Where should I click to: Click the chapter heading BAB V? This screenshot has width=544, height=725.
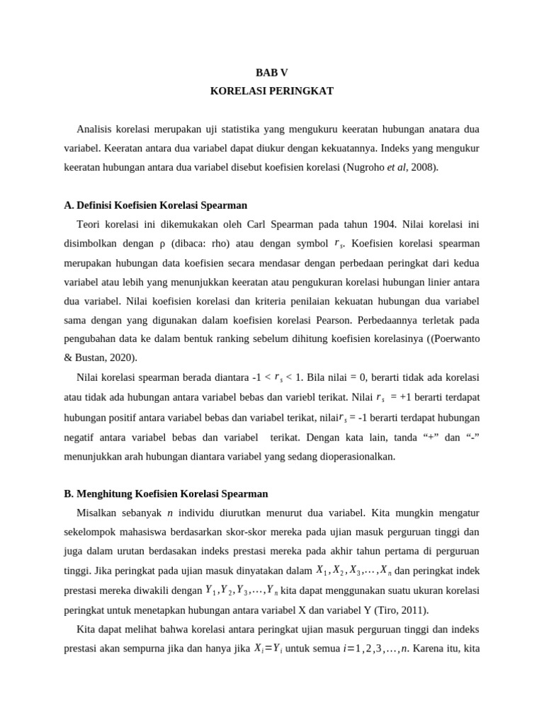click(x=272, y=73)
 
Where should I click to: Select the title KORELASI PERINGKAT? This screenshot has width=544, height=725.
click(x=272, y=91)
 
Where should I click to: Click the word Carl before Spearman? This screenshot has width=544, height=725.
click(x=263, y=224)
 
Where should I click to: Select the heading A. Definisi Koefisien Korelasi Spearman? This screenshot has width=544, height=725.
click(x=155, y=205)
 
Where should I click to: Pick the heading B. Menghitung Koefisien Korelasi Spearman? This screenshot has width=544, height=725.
click(x=166, y=493)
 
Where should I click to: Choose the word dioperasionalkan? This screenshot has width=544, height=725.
click(x=346, y=456)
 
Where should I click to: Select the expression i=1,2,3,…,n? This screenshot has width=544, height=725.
click(x=374, y=646)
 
